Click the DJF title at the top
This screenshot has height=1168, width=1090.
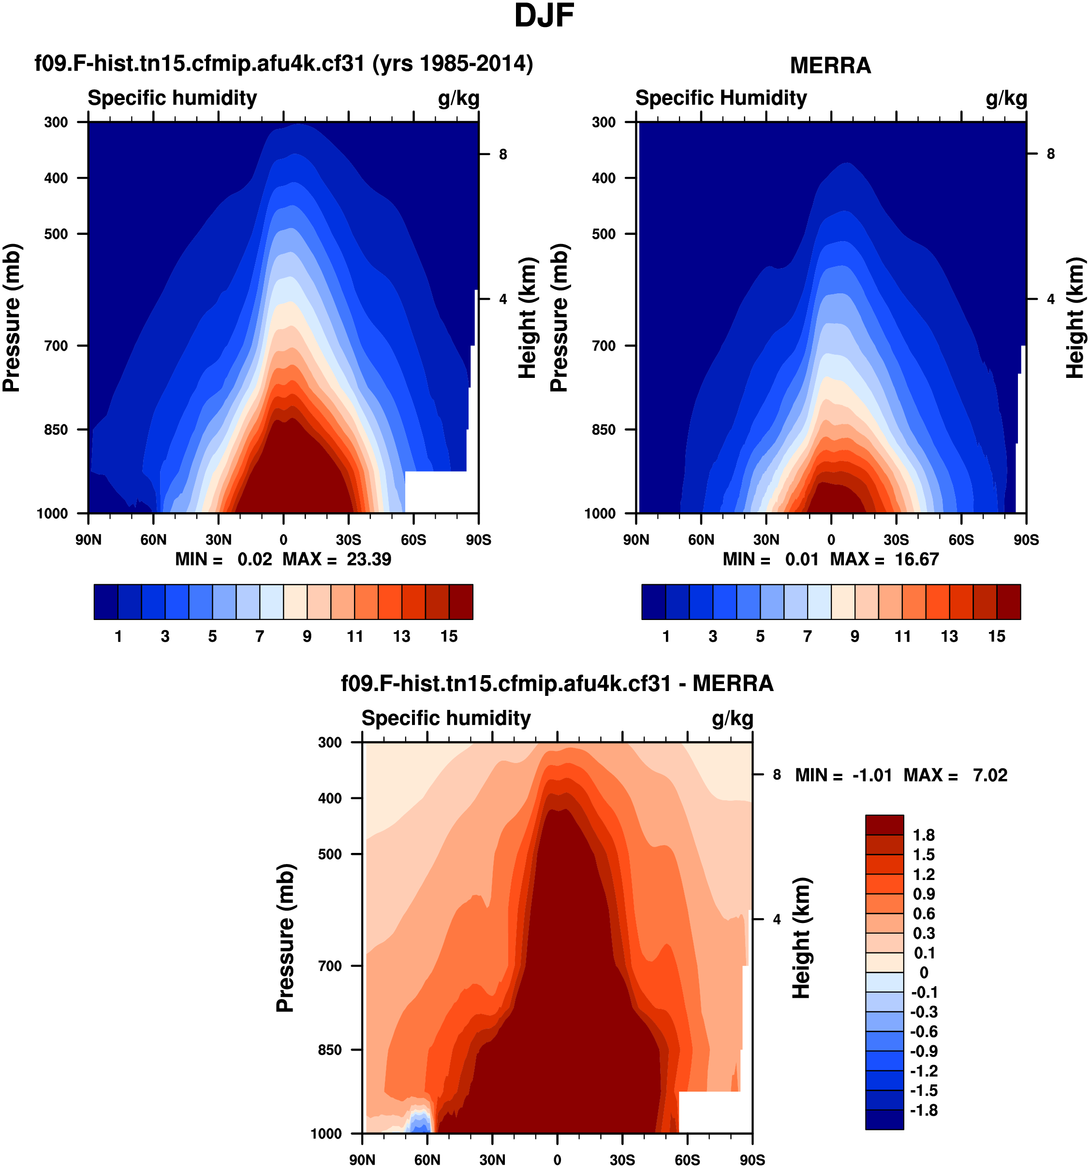544,16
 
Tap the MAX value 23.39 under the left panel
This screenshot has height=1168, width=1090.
368,559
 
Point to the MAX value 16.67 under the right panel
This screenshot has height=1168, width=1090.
916,559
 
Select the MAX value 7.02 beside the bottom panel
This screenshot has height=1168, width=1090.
989,775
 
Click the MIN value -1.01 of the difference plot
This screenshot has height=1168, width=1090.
872,775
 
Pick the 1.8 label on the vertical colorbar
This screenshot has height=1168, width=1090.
923,835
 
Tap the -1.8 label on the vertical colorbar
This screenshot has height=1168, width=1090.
923,1110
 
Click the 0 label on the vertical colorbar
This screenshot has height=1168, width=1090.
924,972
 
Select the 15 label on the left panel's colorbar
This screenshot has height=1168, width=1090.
449,636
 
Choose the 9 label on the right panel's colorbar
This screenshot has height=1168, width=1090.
855,636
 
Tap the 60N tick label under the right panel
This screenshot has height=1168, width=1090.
701,539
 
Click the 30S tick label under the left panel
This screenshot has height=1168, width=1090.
348,539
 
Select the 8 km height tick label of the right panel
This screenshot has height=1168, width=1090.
1051,154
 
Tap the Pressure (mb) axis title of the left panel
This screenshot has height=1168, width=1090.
12,317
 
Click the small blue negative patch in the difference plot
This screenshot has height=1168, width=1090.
419,1123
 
